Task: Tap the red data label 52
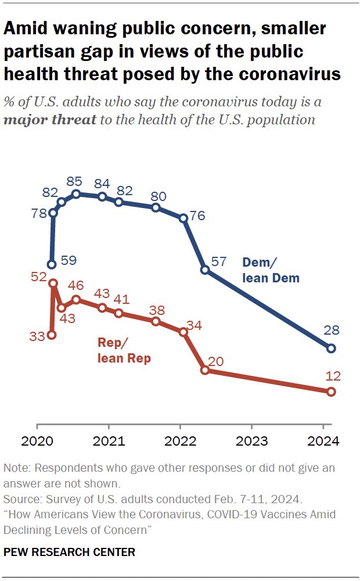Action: pos(38,278)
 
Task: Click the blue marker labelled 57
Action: pos(205,270)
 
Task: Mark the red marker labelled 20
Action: pos(205,370)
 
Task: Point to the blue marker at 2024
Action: pos(331,349)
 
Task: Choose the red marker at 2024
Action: pos(331,392)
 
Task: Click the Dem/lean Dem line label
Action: pos(271,271)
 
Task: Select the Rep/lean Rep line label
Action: pos(123,351)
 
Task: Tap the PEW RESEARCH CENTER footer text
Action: pos(69,552)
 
